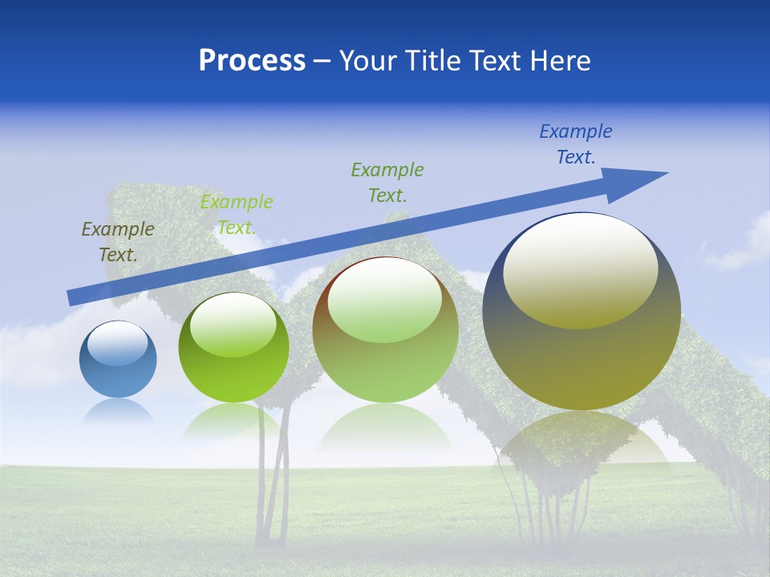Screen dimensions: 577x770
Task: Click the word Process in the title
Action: coord(252,61)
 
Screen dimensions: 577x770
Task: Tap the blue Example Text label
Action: coord(576,144)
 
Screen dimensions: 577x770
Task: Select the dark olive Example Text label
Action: coord(118,241)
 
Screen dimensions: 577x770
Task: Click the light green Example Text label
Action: coord(237,215)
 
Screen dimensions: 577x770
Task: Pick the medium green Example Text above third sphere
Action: coord(387,182)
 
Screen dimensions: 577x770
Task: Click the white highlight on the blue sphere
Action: coord(118,344)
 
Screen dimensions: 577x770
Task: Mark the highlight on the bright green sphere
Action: coord(233,325)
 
